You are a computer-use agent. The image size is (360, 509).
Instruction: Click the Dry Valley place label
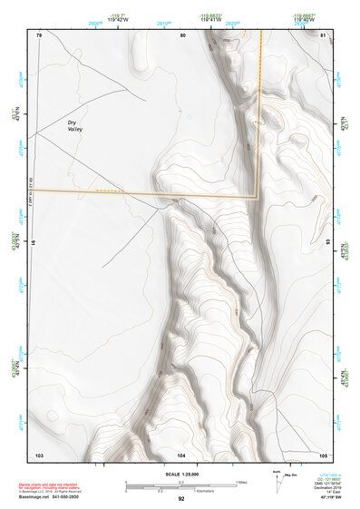75,126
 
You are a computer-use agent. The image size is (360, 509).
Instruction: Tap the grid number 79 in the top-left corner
39,34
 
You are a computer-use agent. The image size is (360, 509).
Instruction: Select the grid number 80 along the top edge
182,34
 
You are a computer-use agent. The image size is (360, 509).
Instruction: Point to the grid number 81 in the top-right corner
323,34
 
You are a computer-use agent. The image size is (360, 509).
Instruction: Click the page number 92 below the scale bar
181,498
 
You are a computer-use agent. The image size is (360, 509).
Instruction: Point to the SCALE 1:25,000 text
180,474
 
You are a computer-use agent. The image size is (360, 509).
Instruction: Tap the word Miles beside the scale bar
241,481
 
